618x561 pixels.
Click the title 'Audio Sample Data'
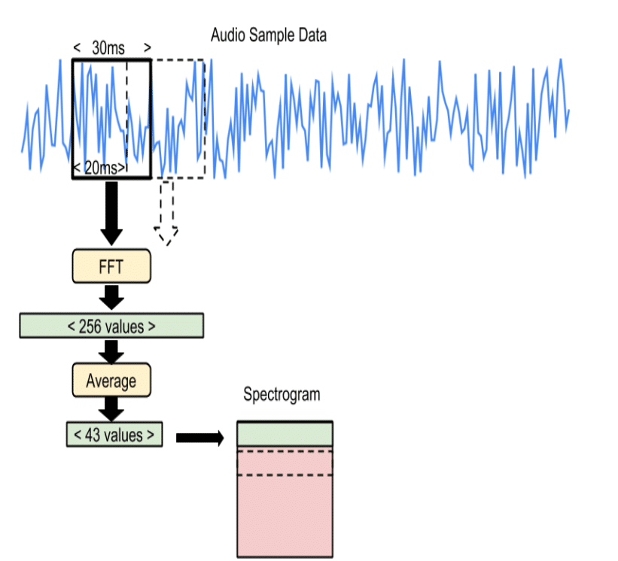click(x=269, y=35)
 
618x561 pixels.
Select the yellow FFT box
click(x=111, y=267)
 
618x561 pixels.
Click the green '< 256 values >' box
click(x=111, y=326)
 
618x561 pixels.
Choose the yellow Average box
click(x=111, y=380)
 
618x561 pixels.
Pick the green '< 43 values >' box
click(x=114, y=435)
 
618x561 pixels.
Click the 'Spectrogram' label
click(x=282, y=394)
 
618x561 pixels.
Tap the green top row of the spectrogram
click(x=285, y=434)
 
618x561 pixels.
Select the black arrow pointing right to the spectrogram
click(x=200, y=438)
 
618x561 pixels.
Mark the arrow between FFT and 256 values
click(x=111, y=297)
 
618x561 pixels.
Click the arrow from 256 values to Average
click(x=111, y=351)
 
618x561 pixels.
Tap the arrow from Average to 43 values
click(x=111, y=409)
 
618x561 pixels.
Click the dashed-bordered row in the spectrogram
click(x=285, y=462)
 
